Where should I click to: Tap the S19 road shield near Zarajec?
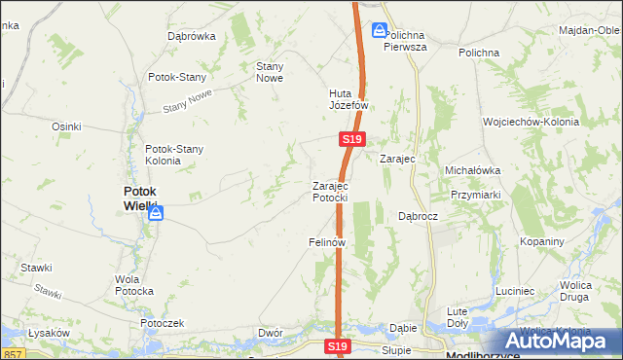pyautogui.click(x=353, y=141)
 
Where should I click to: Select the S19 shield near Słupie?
pyautogui.click(x=338, y=346)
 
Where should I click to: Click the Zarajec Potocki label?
pyautogui.click(x=330, y=192)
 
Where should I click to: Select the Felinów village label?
pyautogui.click(x=328, y=241)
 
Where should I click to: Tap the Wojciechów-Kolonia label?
pyautogui.click(x=531, y=123)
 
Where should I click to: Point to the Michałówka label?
pyautogui.click(x=472, y=170)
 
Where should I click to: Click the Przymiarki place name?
pyautogui.click(x=476, y=194)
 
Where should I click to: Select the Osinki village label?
pyautogui.click(x=66, y=126)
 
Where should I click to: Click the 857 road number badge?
pyautogui.click(x=12, y=353)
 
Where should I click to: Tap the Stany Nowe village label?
pyautogui.click(x=269, y=72)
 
